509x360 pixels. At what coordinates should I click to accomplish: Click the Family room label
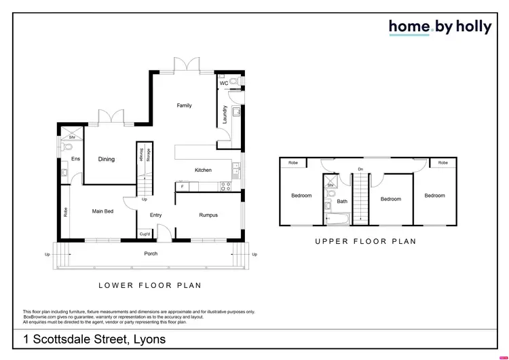[x=184, y=105]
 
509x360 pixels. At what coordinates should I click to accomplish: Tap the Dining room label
[x=106, y=160]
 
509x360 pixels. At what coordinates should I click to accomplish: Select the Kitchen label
[x=203, y=170]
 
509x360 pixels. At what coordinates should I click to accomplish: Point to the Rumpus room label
[x=208, y=215]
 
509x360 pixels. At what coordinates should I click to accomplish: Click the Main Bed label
[x=102, y=211]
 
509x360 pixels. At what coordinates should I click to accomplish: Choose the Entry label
[x=155, y=215]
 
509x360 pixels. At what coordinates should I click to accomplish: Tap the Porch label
[x=151, y=254]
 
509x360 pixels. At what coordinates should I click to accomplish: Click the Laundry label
[x=225, y=114]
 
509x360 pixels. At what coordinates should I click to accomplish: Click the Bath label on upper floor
[x=342, y=201]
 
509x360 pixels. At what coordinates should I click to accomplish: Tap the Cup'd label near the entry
[x=144, y=235]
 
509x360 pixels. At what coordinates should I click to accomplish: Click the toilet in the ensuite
[x=68, y=147]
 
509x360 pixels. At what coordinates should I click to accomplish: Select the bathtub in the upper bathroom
[x=337, y=218]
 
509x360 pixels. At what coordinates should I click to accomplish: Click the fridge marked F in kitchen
[x=182, y=185]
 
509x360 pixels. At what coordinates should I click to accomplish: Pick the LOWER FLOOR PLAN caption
[x=149, y=285]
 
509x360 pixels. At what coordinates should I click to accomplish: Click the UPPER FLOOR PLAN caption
[x=366, y=241]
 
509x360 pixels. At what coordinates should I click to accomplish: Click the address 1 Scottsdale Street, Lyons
[x=94, y=339]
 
